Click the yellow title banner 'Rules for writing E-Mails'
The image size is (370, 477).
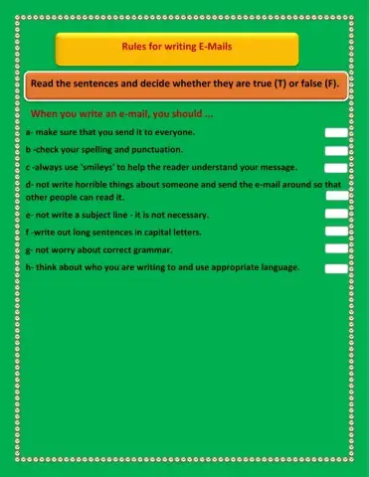point(176,48)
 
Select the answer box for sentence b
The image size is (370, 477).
point(336,151)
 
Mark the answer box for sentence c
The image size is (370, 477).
point(336,169)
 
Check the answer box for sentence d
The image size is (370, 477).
point(336,196)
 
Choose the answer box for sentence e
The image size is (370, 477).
point(336,215)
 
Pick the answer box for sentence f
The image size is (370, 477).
point(336,233)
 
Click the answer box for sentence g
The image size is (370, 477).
point(336,250)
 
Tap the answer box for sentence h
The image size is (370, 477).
point(336,268)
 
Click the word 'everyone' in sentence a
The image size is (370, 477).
point(173,132)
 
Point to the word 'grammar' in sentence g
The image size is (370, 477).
point(153,249)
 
